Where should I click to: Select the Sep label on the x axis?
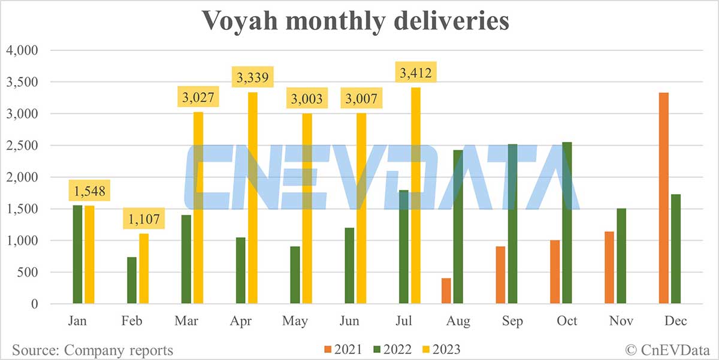(x=513, y=321)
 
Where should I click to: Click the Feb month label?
(x=132, y=321)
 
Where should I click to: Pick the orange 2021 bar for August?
(x=446, y=291)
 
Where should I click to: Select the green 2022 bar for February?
(x=132, y=281)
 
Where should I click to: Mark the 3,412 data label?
(x=416, y=74)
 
